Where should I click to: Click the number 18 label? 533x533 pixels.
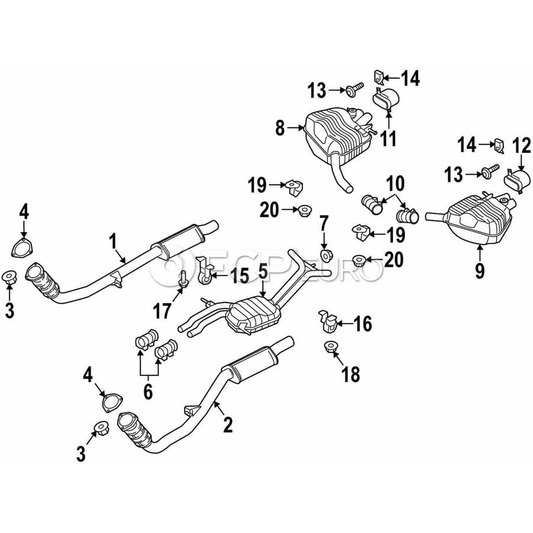click(351, 374)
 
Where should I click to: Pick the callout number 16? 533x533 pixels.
click(362, 323)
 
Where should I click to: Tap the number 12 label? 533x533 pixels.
click(521, 144)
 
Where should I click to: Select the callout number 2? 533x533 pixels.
click(227, 424)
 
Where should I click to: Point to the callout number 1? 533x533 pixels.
click(113, 240)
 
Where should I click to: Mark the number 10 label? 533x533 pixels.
click(395, 181)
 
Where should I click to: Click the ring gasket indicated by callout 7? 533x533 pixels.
click(325, 255)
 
